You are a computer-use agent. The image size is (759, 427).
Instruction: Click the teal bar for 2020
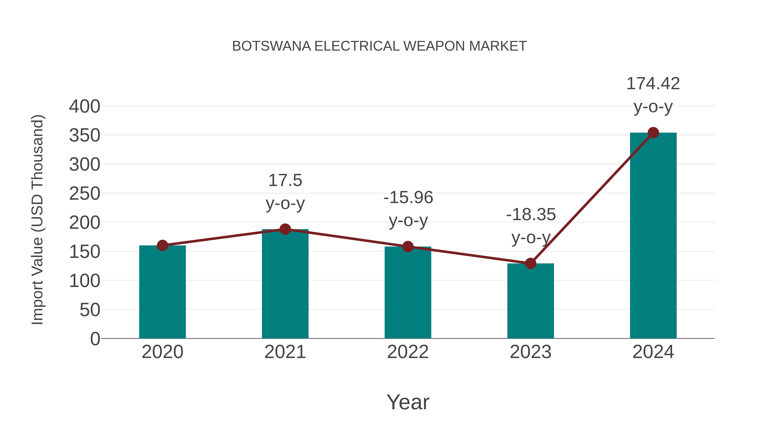(x=162, y=292)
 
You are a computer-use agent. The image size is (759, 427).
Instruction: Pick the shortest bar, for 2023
(x=530, y=300)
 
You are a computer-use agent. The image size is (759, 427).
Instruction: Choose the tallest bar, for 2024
(x=653, y=236)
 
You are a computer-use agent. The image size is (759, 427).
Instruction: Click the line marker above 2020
(x=162, y=245)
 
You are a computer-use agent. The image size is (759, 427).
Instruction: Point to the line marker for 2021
(x=285, y=229)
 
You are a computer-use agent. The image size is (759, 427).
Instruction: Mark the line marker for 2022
(x=408, y=247)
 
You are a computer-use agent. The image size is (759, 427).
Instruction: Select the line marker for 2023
(x=530, y=263)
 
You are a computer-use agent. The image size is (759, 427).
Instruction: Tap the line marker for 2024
(x=653, y=133)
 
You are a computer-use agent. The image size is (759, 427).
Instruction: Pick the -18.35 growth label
(x=531, y=214)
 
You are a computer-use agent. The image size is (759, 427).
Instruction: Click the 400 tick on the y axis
(x=85, y=106)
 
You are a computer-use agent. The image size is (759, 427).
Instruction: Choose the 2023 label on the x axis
(x=530, y=352)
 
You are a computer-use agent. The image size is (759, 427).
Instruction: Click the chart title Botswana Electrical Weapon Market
(x=379, y=46)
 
